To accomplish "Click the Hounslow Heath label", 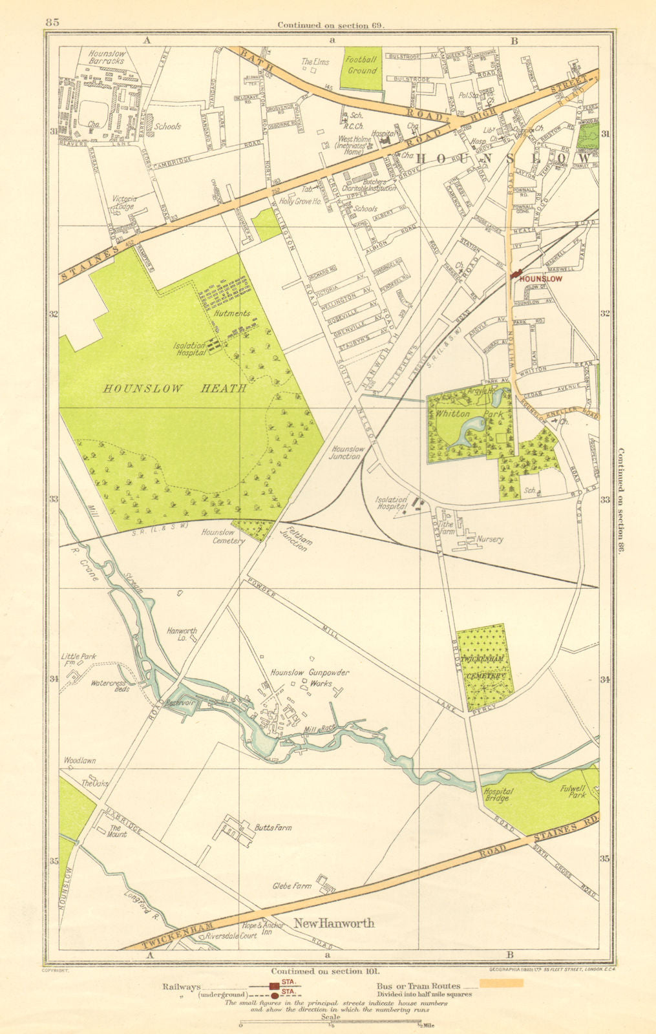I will click(175, 388).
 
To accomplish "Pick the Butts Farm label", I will click(272, 827).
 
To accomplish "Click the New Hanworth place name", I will click(334, 923).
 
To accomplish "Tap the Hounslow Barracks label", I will click(110, 61).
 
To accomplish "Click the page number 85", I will click(52, 22).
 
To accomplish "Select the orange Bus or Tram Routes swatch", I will click(501, 983).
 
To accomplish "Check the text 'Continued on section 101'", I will click(326, 971).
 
